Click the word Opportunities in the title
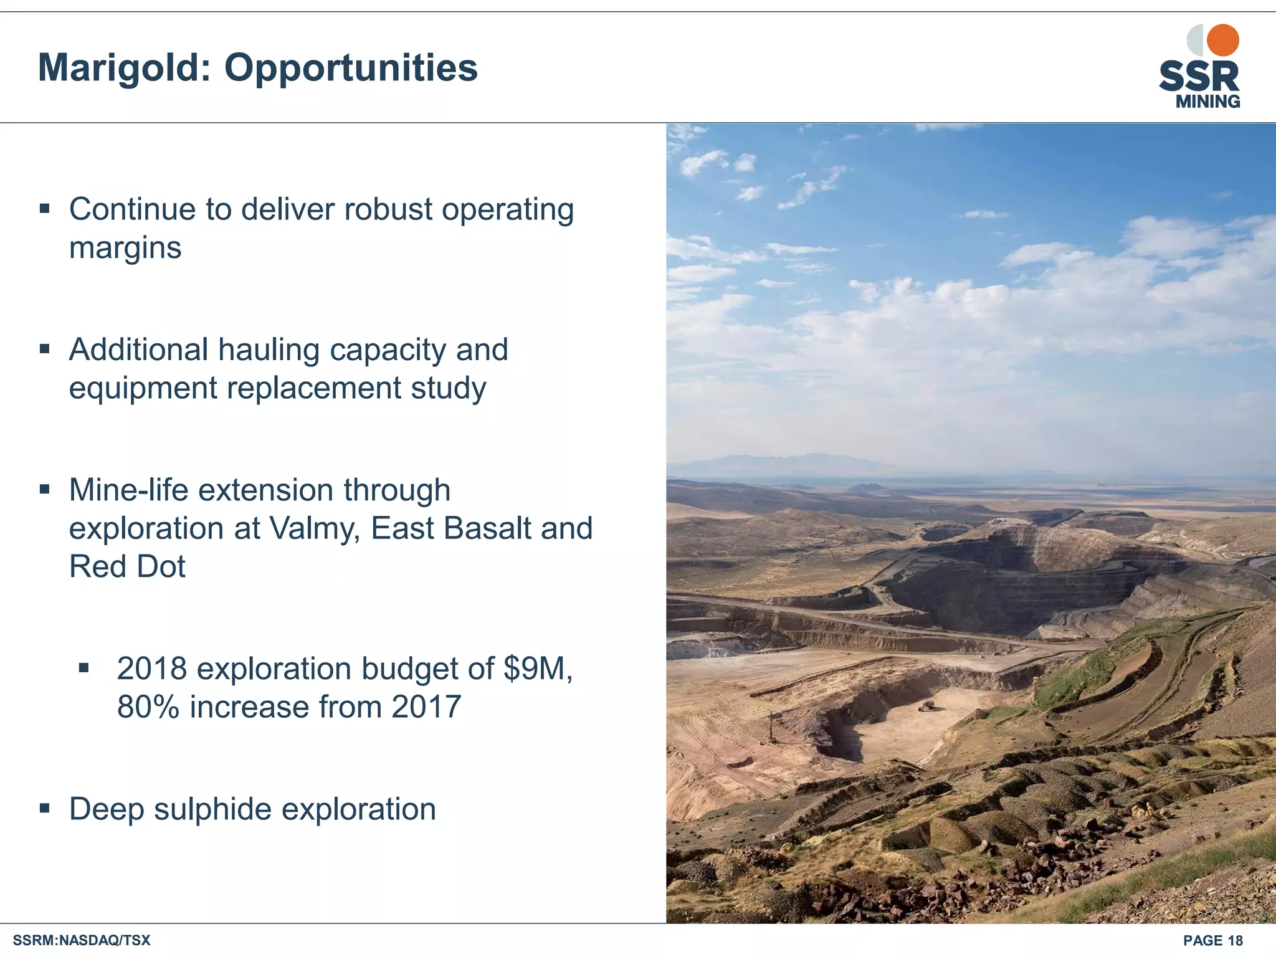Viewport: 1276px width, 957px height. click(351, 67)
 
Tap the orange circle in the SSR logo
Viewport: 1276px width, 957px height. click(1222, 40)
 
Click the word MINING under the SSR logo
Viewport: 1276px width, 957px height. click(1207, 102)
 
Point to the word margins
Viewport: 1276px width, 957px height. click(125, 248)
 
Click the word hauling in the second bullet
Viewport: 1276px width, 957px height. click(269, 350)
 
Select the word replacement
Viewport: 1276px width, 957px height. click(313, 388)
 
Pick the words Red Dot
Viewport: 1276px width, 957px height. click(127, 567)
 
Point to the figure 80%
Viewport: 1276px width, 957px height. click(148, 707)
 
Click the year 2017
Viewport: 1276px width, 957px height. click(426, 707)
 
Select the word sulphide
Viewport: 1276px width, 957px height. click(212, 809)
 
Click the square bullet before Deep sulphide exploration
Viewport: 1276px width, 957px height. click(44, 809)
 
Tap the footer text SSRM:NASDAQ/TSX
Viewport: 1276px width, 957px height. click(82, 940)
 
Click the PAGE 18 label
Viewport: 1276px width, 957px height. click(1212, 940)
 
